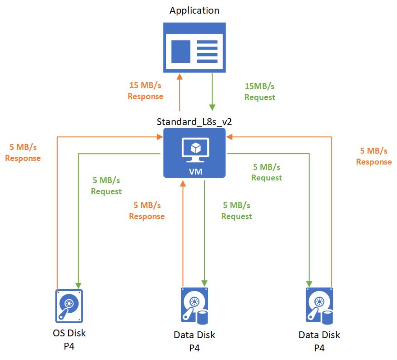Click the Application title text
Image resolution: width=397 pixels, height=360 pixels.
pos(194,10)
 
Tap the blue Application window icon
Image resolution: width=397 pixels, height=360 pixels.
pos(194,48)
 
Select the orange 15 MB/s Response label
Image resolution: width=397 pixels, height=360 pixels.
pos(145,90)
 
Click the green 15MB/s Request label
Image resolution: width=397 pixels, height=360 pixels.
pos(259,91)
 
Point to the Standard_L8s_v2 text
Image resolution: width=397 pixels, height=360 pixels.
pos(194,122)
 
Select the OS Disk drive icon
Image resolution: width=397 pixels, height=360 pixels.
pos(69,305)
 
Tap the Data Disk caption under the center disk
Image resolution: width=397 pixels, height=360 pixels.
pos(194,335)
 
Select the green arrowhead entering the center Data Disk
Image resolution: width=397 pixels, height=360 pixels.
pos(204,283)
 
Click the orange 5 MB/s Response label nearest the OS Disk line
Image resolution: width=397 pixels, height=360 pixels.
pos(25,153)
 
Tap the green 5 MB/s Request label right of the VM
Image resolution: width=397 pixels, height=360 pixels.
pos(267,172)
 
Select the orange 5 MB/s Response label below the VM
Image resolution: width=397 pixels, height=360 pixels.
pos(147,211)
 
